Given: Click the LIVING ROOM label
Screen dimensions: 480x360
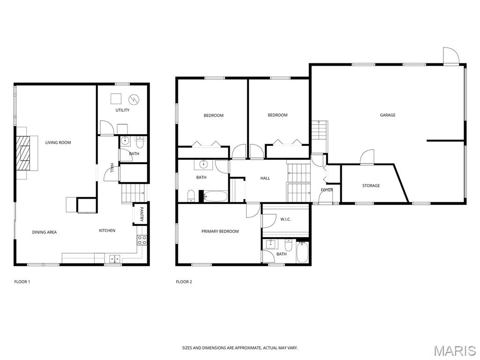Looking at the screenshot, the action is click(58, 142).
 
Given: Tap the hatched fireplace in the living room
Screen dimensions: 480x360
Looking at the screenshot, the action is click(23, 153).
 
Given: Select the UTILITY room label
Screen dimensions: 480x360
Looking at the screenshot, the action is click(122, 110).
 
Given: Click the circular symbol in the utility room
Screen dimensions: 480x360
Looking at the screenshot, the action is click(134, 99).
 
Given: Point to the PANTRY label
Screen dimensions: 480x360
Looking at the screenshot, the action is click(142, 214).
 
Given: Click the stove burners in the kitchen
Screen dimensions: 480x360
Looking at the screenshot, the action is click(142, 240).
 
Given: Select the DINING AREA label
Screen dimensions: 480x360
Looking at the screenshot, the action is click(45, 232).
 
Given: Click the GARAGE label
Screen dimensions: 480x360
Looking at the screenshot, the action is click(388, 115).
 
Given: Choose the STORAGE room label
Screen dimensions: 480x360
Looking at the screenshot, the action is click(371, 186).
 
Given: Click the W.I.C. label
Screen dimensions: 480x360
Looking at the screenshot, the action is click(285, 219).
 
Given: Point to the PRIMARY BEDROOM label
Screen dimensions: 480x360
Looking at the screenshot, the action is click(220, 232).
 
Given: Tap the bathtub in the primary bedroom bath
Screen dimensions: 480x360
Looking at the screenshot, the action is click(302, 252).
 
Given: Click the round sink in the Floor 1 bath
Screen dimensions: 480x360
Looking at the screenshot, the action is click(125, 141).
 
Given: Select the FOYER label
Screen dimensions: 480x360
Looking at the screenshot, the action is click(327, 190).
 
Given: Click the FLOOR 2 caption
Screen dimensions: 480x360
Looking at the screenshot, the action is click(184, 282).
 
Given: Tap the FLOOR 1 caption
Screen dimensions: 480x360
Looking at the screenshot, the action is click(22, 282).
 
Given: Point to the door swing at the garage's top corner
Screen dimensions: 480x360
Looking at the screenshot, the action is click(451, 56).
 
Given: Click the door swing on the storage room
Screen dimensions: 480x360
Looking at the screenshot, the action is click(367, 157).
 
